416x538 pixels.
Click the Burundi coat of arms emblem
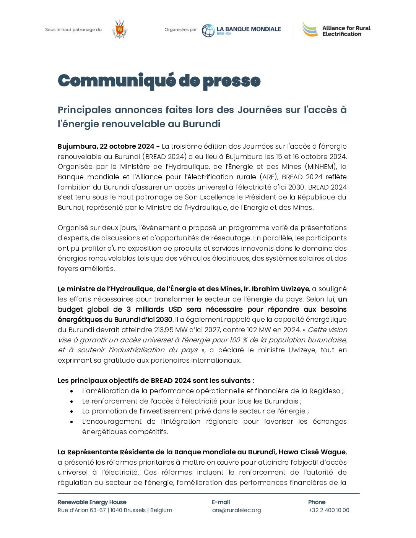(x=120, y=29)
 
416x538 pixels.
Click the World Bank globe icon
(x=208, y=31)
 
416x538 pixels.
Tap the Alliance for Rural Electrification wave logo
(x=310, y=29)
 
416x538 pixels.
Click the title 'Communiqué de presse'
(x=159, y=81)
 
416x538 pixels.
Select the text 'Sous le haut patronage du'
(x=73, y=29)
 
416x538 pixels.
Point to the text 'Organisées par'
(x=180, y=29)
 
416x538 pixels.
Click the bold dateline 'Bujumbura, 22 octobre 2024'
(x=106, y=146)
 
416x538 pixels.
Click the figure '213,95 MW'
(x=171, y=330)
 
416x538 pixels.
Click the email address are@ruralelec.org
(x=236, y=510)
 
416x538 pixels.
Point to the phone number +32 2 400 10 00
(x=329, y=510)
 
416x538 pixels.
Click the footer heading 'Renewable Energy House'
(x=92, y=502)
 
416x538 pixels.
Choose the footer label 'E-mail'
(x=221, y=502)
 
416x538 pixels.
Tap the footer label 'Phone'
(x=317, y=502)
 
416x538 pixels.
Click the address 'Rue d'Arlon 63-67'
(x=82, y=510)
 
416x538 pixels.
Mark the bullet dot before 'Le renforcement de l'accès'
(x=71, y=402)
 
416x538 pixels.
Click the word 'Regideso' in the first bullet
(x=324, y=391)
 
